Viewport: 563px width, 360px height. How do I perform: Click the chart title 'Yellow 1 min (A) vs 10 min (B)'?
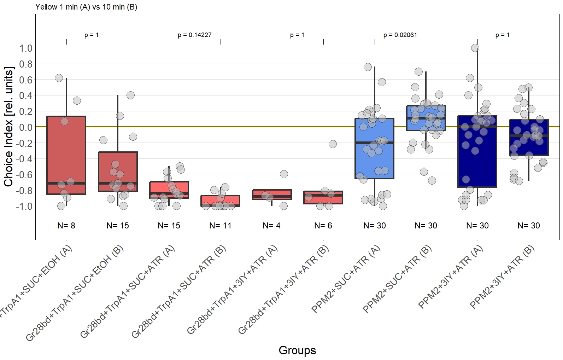86,7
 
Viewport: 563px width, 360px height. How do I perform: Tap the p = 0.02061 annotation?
400,35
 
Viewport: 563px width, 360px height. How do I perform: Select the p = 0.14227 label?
194,35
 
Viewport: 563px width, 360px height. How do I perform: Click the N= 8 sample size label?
66,226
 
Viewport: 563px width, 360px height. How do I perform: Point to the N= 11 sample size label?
220,226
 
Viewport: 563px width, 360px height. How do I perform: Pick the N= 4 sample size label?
271,226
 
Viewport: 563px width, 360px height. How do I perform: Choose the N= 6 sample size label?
323,226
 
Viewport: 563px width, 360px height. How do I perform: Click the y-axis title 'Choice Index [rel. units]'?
8,126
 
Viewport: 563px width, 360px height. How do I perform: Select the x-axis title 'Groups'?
297,350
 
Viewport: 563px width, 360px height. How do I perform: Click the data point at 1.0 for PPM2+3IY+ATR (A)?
475,48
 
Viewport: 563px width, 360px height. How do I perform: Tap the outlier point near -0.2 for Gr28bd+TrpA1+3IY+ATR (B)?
332,144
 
